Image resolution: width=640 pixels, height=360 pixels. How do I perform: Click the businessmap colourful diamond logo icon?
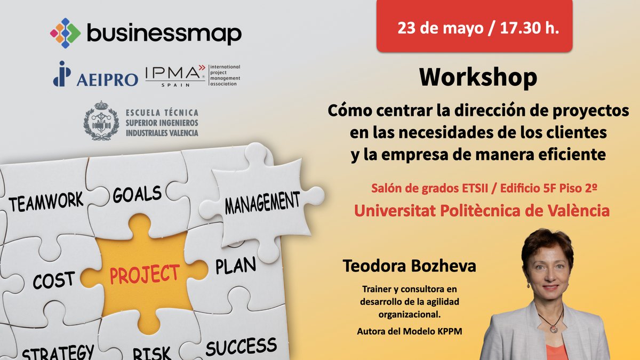tap(65, 33)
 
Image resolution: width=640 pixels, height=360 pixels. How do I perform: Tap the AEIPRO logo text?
tap(107, 79)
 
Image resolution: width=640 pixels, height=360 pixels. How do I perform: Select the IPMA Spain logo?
tap(175, 75)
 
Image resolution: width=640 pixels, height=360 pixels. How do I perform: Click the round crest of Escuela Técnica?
tap(101, 121)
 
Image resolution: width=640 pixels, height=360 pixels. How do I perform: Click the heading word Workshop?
tap(478, 78)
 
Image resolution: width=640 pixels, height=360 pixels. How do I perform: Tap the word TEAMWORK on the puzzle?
tap(46, 202)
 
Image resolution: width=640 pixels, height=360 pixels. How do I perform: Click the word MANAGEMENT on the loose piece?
tap(262, 202)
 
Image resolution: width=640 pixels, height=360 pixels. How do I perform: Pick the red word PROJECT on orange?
tap(145, 274)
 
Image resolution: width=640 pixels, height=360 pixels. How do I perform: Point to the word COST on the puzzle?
tap(53, 280)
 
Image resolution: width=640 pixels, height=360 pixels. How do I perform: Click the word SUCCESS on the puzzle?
tap(241, 346)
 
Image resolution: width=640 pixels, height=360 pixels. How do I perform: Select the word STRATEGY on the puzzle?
tap(58, 352)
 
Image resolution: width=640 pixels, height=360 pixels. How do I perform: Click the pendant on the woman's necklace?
tap(554, 329)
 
